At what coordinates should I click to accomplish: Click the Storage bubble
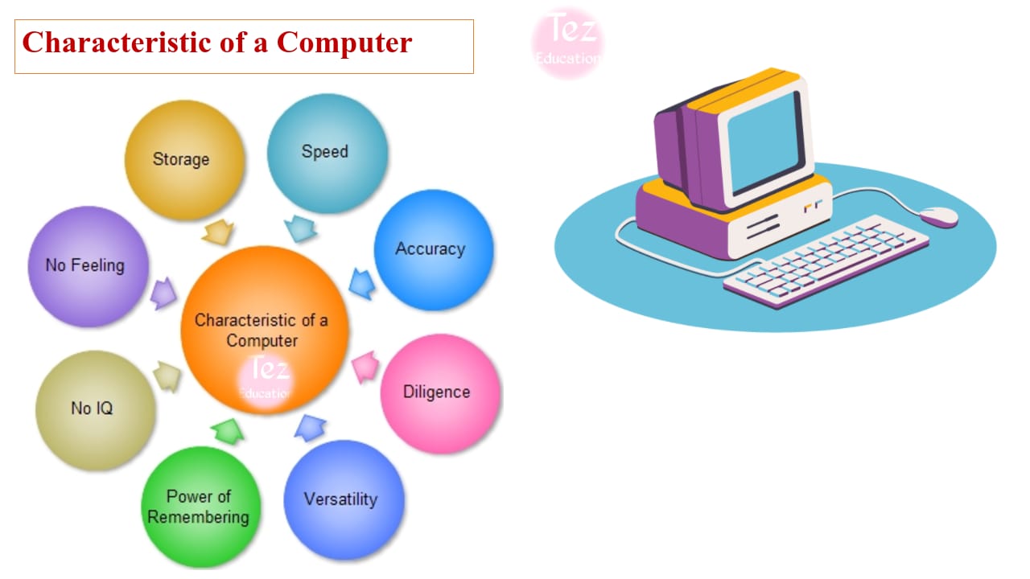click(184, 159)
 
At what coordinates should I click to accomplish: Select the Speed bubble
click(328, 154)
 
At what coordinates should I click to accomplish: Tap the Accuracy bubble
click(434, 249)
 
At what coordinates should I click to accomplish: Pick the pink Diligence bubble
click(440, 394)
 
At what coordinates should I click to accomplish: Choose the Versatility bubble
click(344, 500)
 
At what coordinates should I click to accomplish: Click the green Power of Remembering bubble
click(201, 507)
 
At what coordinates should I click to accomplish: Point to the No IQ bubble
click(95, 410)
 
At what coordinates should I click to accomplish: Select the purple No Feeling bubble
click(89, 266)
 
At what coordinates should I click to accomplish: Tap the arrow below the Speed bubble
click(301, 228)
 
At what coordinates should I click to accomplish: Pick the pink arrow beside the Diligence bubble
click(365, 366)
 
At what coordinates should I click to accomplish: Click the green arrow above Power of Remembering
click(228, 431)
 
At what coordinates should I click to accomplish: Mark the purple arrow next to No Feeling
click(163, 294)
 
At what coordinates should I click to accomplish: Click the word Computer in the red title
click(344, 43)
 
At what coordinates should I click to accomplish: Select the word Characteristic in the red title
click(117, 42)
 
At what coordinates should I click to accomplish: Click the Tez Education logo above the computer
click(567, 43)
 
